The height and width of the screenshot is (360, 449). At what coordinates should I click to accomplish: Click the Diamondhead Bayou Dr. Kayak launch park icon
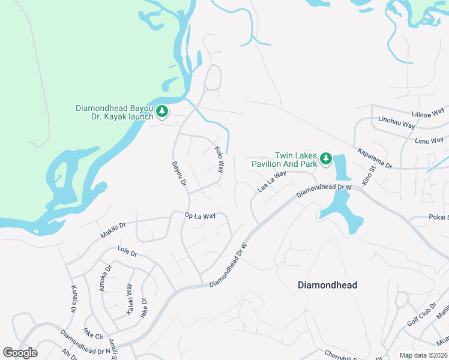[x=162, y=111]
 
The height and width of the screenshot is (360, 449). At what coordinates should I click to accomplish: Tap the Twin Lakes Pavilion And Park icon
[x=325, y=158]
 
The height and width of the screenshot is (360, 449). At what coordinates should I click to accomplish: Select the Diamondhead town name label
[x=327, y=285]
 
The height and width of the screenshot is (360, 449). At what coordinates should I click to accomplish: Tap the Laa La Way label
[x=271, y=180]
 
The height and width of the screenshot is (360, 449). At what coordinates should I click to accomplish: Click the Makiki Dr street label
[x=113, y=230]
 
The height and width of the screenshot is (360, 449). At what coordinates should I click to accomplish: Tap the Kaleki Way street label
[x=129, y=299]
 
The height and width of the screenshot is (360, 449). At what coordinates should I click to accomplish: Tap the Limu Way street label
[x=429, y=140]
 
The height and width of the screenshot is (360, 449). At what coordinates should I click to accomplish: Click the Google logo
[x=20, y=353]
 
